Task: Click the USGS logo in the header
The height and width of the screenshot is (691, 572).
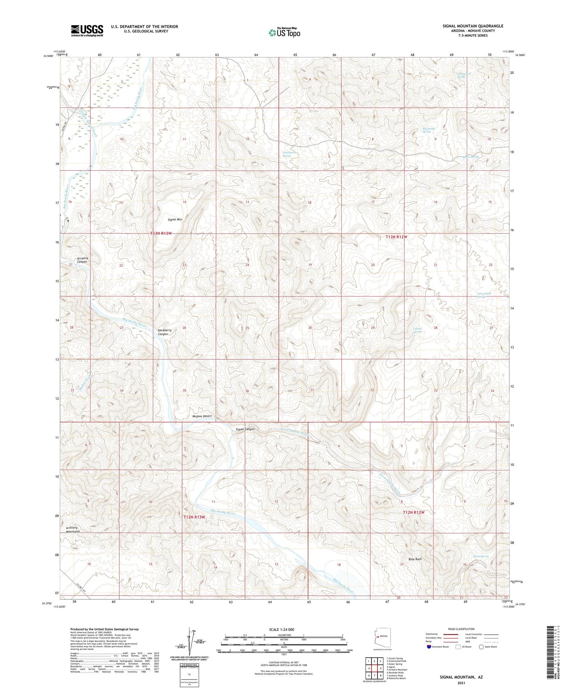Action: pos(87,30)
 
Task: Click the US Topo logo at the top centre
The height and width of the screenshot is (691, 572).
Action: pos(284,33)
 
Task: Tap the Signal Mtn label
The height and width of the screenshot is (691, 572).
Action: pos(175,220)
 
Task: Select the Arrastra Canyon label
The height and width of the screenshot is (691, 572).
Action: pos(82,260)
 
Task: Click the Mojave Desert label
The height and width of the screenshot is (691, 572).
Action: pos(202,416)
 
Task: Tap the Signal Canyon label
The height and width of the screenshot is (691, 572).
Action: pos(245,429)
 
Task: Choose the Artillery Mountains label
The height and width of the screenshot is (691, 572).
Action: pos(72,529)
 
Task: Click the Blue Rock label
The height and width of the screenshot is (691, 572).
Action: pos(415,559)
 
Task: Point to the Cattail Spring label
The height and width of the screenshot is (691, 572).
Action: pos(418,330)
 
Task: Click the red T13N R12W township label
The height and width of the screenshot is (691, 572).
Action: pos(396,237)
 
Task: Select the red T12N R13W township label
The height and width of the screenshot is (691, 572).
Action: pos(194,517)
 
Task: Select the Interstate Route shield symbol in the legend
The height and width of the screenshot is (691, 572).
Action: pos(429,647)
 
